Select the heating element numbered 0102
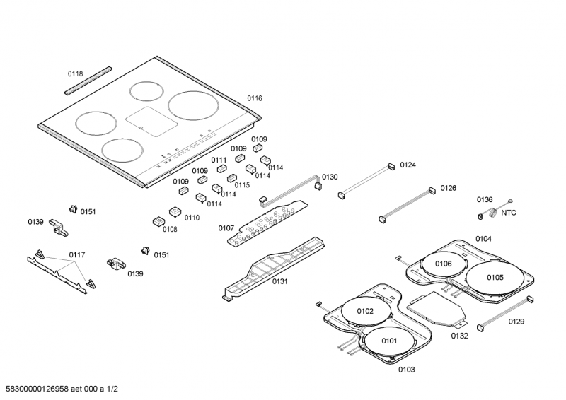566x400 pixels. pos(364,311)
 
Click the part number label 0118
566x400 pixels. pos(75,73)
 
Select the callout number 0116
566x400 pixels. pos(255,98)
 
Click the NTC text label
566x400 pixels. pos(509,212)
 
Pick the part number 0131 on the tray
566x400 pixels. pos(279,281)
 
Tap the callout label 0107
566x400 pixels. pos(226,228)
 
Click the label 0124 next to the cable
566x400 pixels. pos(408,165)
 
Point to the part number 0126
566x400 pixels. pos(449,188)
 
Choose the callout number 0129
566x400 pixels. pos(516,321)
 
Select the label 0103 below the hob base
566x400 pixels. pos(406,370)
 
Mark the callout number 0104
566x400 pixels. pos(483,239)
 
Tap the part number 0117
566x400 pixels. pos(77,254)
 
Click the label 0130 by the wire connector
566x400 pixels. pos(330,177)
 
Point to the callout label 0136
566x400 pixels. pos(484,200)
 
